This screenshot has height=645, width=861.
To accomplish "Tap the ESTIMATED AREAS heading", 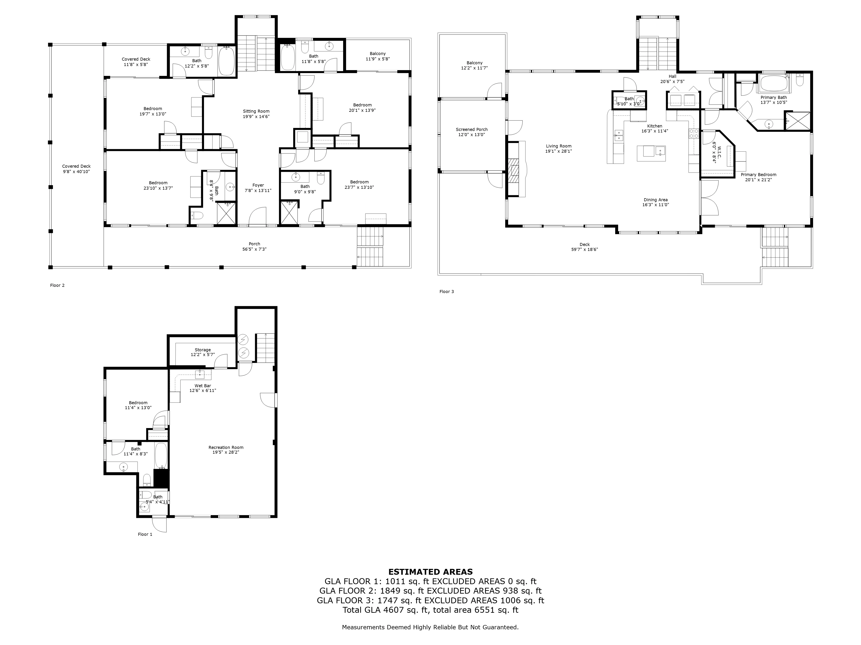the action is pos(430,572).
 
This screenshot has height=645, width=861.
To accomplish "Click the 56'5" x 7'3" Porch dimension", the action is pos(255,249).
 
